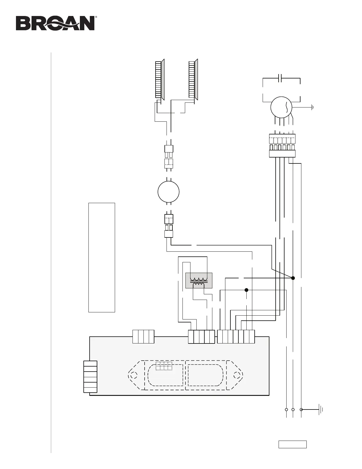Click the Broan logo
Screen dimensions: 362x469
55,23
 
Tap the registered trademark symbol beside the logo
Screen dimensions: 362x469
96,17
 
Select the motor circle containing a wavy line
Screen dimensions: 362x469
281,107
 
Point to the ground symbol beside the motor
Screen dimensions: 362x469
312,107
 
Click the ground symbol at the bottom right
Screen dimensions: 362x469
321,409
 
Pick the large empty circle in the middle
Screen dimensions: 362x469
168,192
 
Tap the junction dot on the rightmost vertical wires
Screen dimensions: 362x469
293,278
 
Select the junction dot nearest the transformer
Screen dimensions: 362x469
246,290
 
